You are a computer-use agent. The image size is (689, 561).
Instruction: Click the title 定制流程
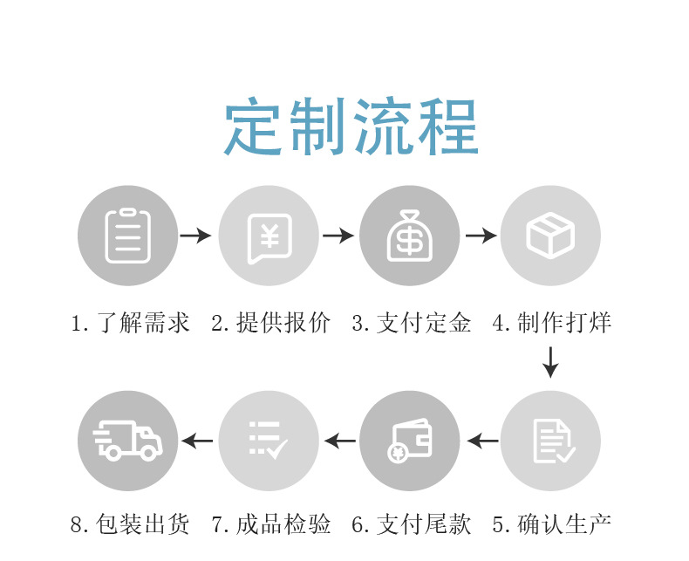(x=351, y=128)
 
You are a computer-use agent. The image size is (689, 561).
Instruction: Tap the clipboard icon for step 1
(x=127, y=236)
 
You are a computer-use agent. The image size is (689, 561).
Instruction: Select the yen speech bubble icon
(x=269, y=236)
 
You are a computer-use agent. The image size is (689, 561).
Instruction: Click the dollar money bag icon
(x=409, y=236)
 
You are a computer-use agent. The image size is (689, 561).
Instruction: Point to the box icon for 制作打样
(x=550, y=236)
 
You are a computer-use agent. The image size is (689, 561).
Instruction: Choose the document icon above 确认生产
(x=550, y=441)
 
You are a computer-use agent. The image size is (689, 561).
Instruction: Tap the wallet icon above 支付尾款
(x=409, y=441)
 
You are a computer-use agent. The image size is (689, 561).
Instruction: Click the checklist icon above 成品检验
(x=269, y=441)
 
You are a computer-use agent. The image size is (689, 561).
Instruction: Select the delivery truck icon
(x=127, y=441)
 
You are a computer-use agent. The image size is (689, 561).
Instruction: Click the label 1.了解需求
(x=130, y=323)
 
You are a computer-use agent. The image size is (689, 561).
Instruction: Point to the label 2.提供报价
(x=271, y=323)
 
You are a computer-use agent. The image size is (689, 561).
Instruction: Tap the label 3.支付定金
(x=412, y=323)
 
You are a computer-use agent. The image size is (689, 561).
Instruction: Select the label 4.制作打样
(x=552, y=323)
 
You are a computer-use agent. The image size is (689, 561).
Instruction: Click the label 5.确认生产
(x=552, y=524)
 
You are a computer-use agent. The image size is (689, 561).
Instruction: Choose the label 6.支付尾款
(x=412, y=524)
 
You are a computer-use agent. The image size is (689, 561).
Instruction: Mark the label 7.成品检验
(x=271, y=524)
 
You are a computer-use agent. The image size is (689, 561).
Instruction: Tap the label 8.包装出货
(x=130, y=524)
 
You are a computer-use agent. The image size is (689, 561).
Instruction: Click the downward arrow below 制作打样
(x=550, y=362)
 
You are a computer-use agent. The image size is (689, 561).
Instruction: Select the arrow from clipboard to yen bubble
(x=196, y=236)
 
